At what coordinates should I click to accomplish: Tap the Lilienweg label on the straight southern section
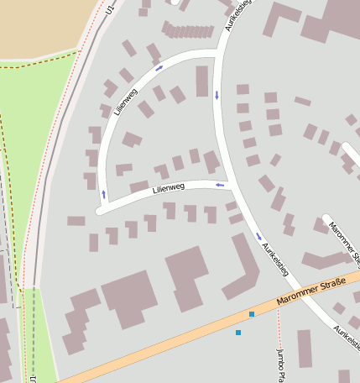[x=169, y=189]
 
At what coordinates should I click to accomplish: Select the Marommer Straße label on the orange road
[x=310, y=291]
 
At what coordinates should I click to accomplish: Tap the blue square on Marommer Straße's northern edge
[x=252, y=314]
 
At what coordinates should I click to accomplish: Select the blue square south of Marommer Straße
[x=238, y=333]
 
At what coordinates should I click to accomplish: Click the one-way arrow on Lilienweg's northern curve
[x=159, y=67]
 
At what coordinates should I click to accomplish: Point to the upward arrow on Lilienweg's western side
[x=104, y=194]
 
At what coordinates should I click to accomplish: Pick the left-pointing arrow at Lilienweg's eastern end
[x=221, y=184]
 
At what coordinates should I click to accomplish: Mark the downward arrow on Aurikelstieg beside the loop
[x=217, y=94]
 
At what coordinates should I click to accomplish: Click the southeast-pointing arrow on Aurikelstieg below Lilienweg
[x=258, y=236]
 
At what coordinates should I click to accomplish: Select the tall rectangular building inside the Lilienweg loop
[x=201, y=81]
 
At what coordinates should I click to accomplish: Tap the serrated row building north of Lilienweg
[x=188, y=31]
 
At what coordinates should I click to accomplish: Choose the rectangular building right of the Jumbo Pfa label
[x=305, y=348]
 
